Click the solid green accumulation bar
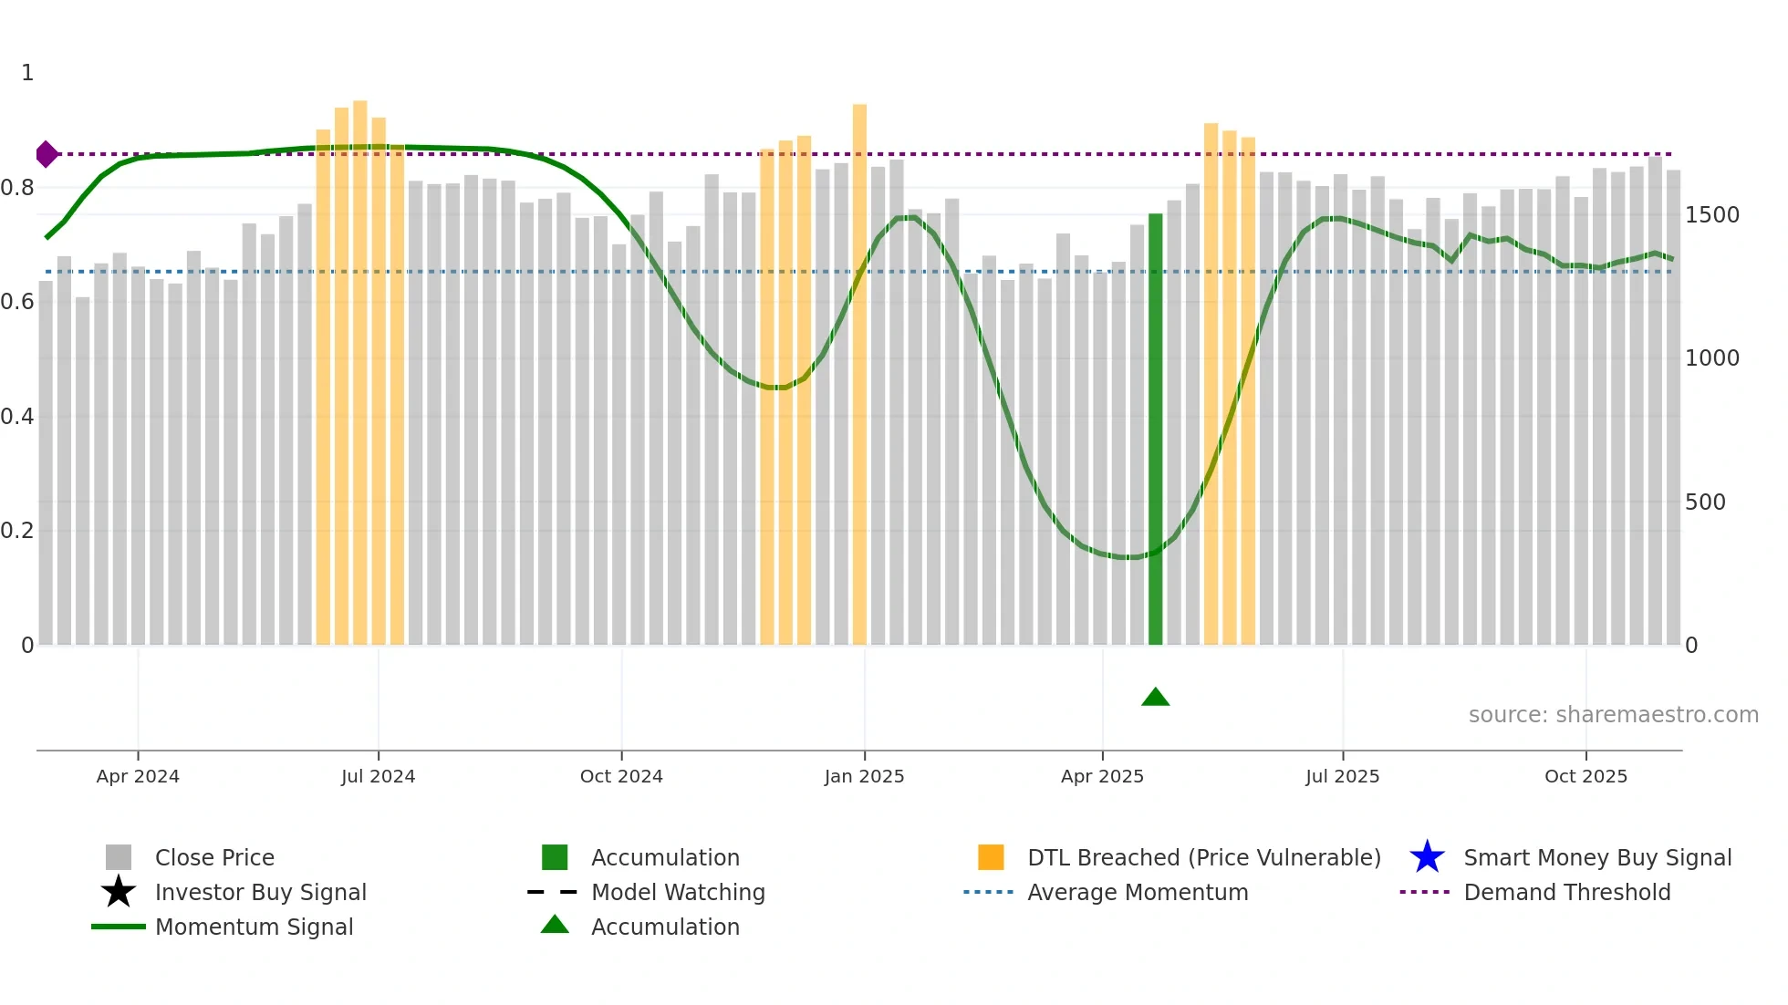[1155, 429]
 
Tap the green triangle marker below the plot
[1155, 698]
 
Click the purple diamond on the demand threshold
[47, 154]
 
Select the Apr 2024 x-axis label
[138, 776]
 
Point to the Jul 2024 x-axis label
[378, 776]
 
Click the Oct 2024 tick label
[621, 776]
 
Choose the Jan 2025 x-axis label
[864, 776]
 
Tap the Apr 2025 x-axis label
[1102, 776]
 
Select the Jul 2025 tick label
[1342, 776]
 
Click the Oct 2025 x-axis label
[1585, 776]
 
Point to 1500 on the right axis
[1712, 215]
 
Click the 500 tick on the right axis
[1705, 502]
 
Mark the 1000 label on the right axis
[1712, 358]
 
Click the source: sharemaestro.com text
[1613, 715]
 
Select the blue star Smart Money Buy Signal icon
[1427, 857]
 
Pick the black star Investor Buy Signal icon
[119, 892]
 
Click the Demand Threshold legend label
[1566, 892]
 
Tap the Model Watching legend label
[678, 892]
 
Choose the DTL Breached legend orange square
[991, 857]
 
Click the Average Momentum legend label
[1138, 892]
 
